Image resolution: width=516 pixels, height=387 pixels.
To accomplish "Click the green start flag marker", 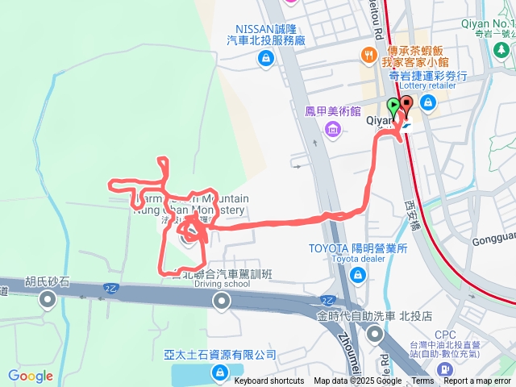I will [393, 106].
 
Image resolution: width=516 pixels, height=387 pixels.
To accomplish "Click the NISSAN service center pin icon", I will [264, 58].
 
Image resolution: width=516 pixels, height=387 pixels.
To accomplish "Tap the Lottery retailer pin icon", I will [427, 102].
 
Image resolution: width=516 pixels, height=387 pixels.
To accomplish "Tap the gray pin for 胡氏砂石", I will [47, 301].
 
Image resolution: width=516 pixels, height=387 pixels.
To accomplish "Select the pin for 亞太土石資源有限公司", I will [219, 372].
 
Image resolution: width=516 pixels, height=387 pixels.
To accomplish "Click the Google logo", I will [31, 376].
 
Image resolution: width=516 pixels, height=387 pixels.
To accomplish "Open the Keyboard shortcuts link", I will [269, 381].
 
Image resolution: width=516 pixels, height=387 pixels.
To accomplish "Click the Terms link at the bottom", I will [423, 381].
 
